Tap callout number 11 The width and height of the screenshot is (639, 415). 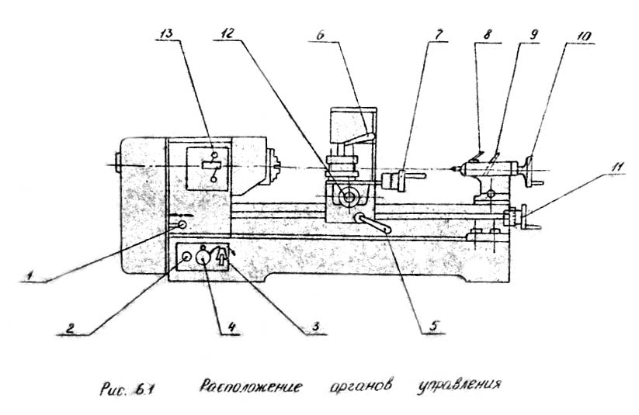pos(605,166)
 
